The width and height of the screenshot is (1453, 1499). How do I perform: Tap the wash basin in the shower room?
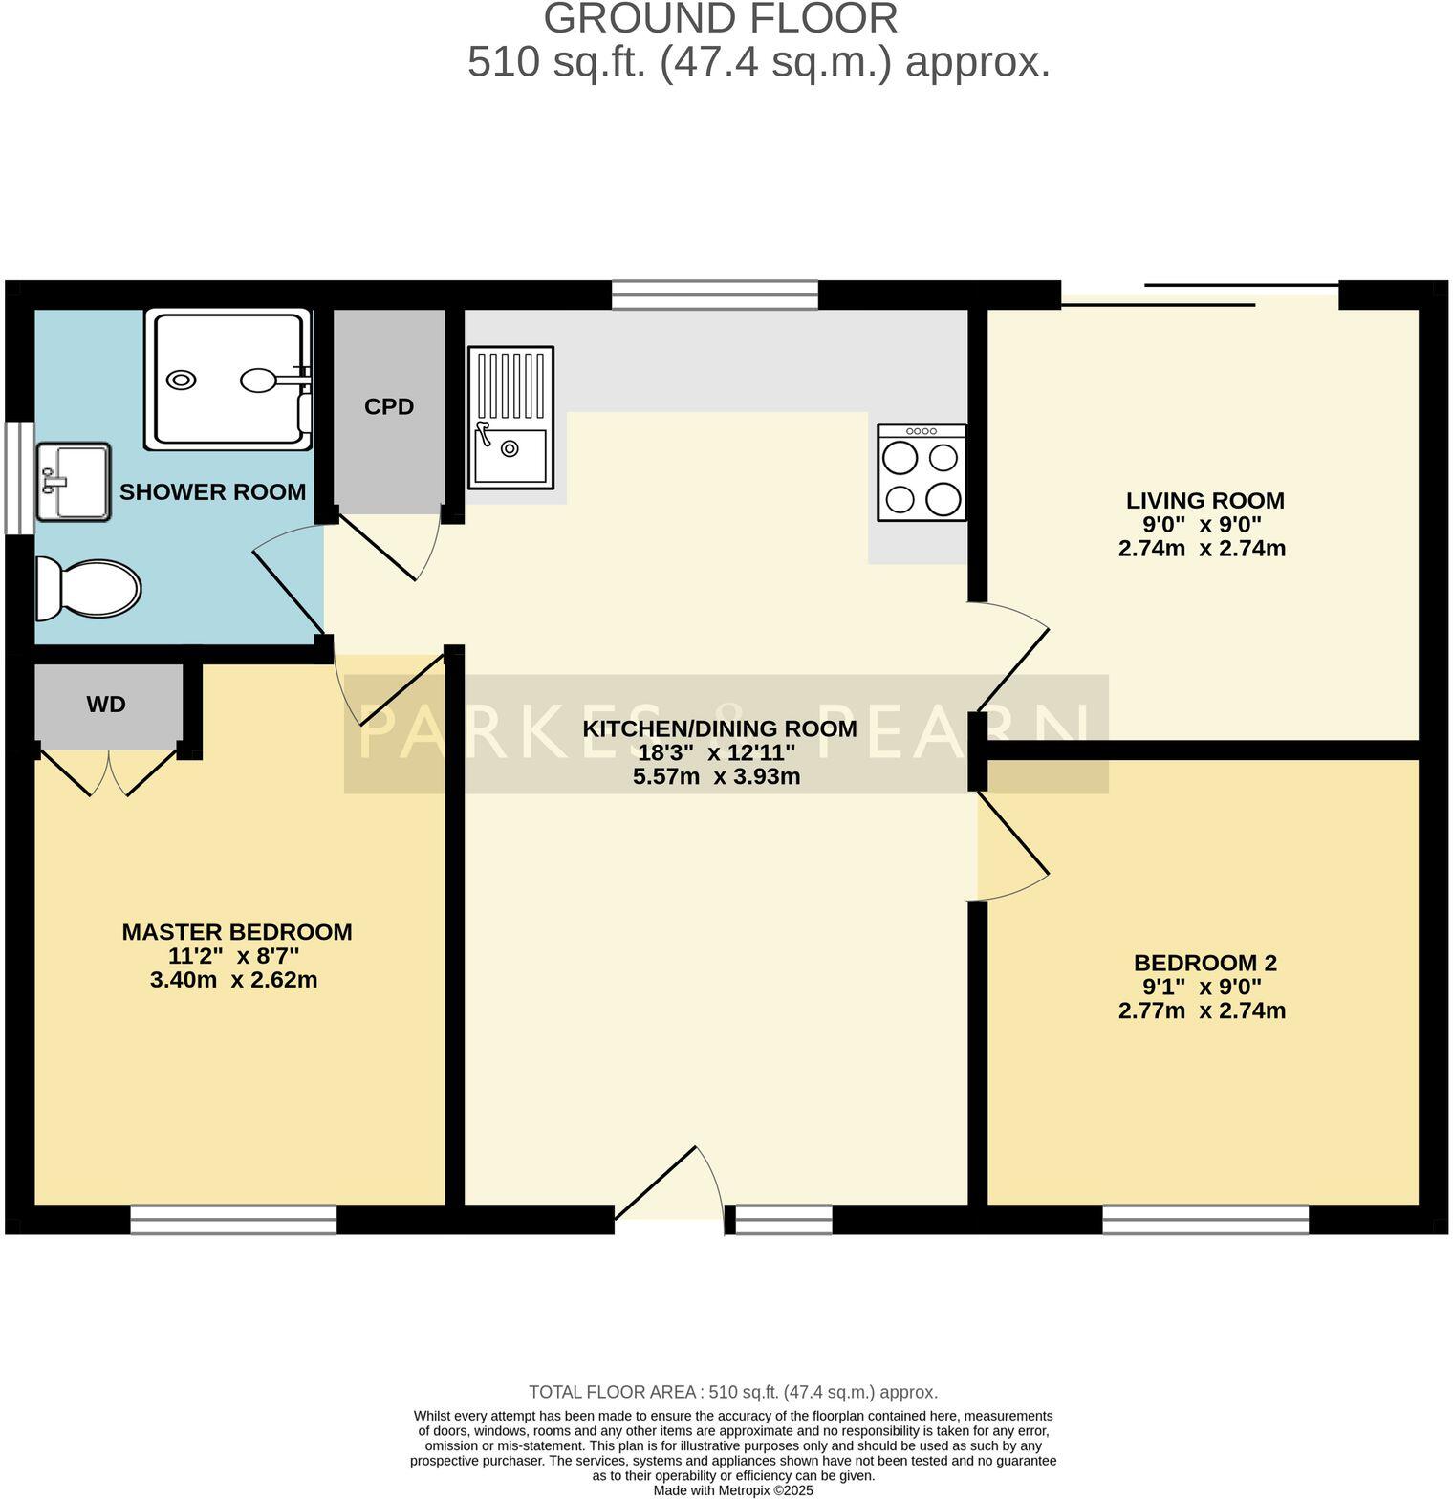pos(73,482)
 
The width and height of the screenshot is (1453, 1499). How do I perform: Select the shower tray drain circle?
pos(182,380)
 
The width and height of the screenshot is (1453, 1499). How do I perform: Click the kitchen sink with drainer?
pos(510,419)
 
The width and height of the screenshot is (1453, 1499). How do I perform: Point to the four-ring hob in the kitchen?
pos(922,473)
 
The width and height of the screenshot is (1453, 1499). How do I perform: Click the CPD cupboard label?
pos(389,407)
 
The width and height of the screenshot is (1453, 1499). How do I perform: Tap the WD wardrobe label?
pos(106,706)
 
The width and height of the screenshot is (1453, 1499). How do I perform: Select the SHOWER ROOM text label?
pos(212,492)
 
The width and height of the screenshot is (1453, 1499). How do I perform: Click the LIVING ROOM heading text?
pos(1204,500)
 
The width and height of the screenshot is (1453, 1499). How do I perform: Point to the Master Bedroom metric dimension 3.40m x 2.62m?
pos(233,980)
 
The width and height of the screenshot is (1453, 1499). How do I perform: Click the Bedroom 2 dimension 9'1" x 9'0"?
pos(1202,987)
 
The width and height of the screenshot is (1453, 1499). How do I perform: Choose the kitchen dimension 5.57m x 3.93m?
pos(716,777)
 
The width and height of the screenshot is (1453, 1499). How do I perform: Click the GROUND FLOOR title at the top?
pos(721,19)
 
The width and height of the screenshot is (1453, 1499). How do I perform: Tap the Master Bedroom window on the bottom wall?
pos(233,1219)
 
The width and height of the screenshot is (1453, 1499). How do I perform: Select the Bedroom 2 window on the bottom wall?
pos(1204,1219)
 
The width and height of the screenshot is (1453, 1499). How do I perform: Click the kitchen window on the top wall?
pos(715,294)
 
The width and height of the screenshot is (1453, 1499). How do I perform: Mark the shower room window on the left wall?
pos(19,478)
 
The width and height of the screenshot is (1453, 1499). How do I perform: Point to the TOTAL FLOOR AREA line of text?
pos(733,1392)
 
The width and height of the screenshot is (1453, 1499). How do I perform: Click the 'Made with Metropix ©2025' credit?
pos(733,1490)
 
